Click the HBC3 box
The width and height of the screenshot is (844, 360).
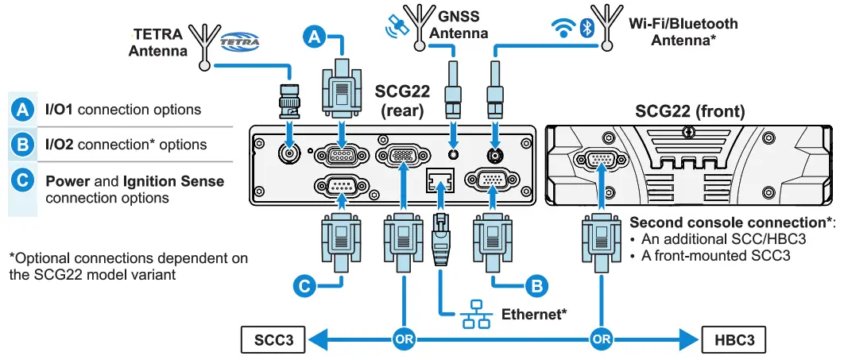pyautogui.click(x=735, y=341)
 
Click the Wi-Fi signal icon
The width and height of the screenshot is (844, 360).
pyautogui.click(x=564, y=29)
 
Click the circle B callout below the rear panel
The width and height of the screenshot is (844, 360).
pyautogui.click(x=537, y=284)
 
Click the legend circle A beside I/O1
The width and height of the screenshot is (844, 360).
pyautogui.click(x=23, y=110)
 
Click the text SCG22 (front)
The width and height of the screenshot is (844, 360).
pyautogui.click(x=690, y=112)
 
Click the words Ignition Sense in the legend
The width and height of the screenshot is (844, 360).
pyautogui.click(x=172, y=181)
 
